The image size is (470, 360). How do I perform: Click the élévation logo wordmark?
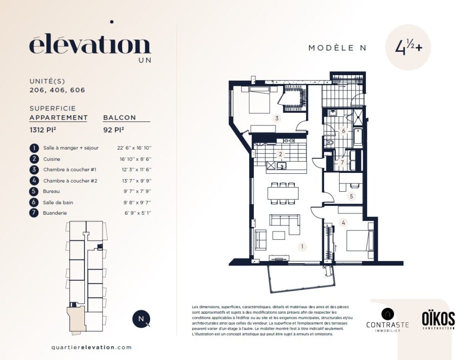[90, 45]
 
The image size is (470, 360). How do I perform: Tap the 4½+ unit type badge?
[408, 47]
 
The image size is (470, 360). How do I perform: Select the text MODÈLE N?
[337, 48]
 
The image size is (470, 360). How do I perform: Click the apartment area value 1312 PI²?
[43, 130]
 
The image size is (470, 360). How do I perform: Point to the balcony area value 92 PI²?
[114, 130]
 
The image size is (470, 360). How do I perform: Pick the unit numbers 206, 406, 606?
[57, 90]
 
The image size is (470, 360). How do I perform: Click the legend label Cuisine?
[51, 159]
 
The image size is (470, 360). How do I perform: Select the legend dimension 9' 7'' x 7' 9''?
[137, 191]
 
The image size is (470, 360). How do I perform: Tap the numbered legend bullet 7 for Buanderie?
[34, 213]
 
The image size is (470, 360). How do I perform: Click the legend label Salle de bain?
[58, 202]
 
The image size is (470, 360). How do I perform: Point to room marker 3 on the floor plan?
[277, 118]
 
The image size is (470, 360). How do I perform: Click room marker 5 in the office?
[351, 196]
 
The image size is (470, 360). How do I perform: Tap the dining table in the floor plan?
[283, 193]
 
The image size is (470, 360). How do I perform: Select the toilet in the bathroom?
[329, 142]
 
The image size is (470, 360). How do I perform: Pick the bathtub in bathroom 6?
[358, 137]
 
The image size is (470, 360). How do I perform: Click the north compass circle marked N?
[141, 319]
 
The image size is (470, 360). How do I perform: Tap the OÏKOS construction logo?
[438, 320]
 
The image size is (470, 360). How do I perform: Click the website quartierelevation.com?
[91, 348]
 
